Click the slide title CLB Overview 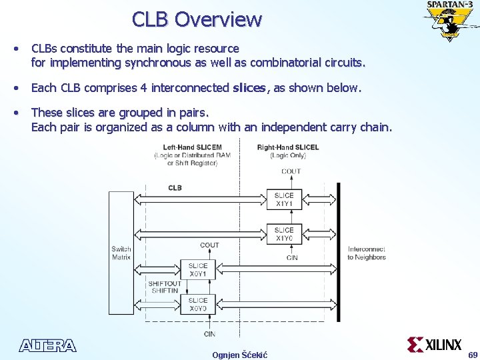(x=197, y=19)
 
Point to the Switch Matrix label (x=121, y=253)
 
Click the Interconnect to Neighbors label (x=366, y=253)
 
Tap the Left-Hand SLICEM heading (x=192, y=147)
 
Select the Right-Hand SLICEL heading (x=288, y=147)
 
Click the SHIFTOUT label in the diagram (x=164, y=283)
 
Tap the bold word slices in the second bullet (x=249, y=88)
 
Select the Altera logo (x=48, y=345)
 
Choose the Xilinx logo (x=435, y=345)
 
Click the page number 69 (x=473, y=355)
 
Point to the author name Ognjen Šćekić (x=239, y=355)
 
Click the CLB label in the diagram (x=175, y=188)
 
